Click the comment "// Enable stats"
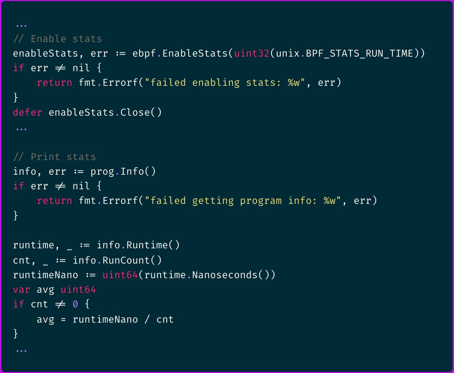click(x=57, y=39)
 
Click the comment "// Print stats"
click(x=54, y=157)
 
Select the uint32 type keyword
click(x=252, y=53)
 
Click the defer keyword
click(x=27, y=112)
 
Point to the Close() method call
click(x=141, y=112)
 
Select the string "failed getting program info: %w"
click(x=243, y=200)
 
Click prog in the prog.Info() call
click(x=102, y=171)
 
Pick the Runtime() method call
click(x=153, y=245)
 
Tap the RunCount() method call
click(x=132, y=260)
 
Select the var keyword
click(x=22, y=289)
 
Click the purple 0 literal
click(x=75, y=304)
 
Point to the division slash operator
click(x=147, y=319)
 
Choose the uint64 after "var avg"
click(x=78, y=289)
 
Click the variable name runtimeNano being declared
click(x=45, y=275)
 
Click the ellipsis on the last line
click(x=21, y=350)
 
